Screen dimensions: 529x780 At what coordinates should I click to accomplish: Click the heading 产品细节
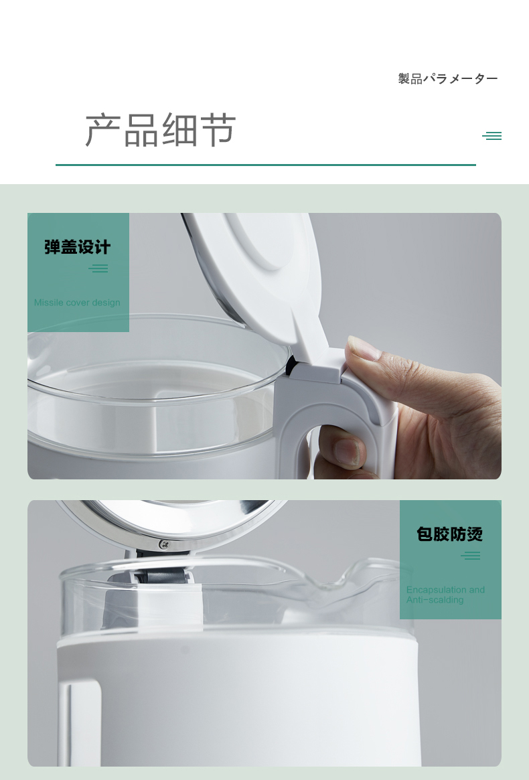click(x=160, y=130)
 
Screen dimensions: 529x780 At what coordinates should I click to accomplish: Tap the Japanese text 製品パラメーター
click(x=448, y=78)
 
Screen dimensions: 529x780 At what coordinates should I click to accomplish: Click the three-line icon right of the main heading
click(x=492, y=136)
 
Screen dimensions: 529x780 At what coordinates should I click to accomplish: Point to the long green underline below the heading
click(x=266, y=165)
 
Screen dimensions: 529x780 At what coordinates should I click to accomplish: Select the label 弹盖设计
click(x=77, y=247)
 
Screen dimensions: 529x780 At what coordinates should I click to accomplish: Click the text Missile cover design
click(x=77, y=303)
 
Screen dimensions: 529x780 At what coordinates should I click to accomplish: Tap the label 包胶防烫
click(x=450, y=534)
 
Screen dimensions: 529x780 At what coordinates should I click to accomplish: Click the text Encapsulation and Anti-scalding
click(x=445, y=595)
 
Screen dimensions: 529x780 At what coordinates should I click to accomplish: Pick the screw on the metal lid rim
click(x=164, y=545)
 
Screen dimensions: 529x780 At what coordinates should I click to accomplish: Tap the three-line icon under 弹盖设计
click(x=98, y=268)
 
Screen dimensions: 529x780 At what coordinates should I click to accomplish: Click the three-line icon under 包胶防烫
click(x=470, y=556)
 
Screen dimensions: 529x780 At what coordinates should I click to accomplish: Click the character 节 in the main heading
click(x=218, y=130)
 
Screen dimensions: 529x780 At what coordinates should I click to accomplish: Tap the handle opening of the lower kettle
click(x=80, y=724)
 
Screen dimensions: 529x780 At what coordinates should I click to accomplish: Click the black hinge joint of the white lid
click(x=292, y=366)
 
